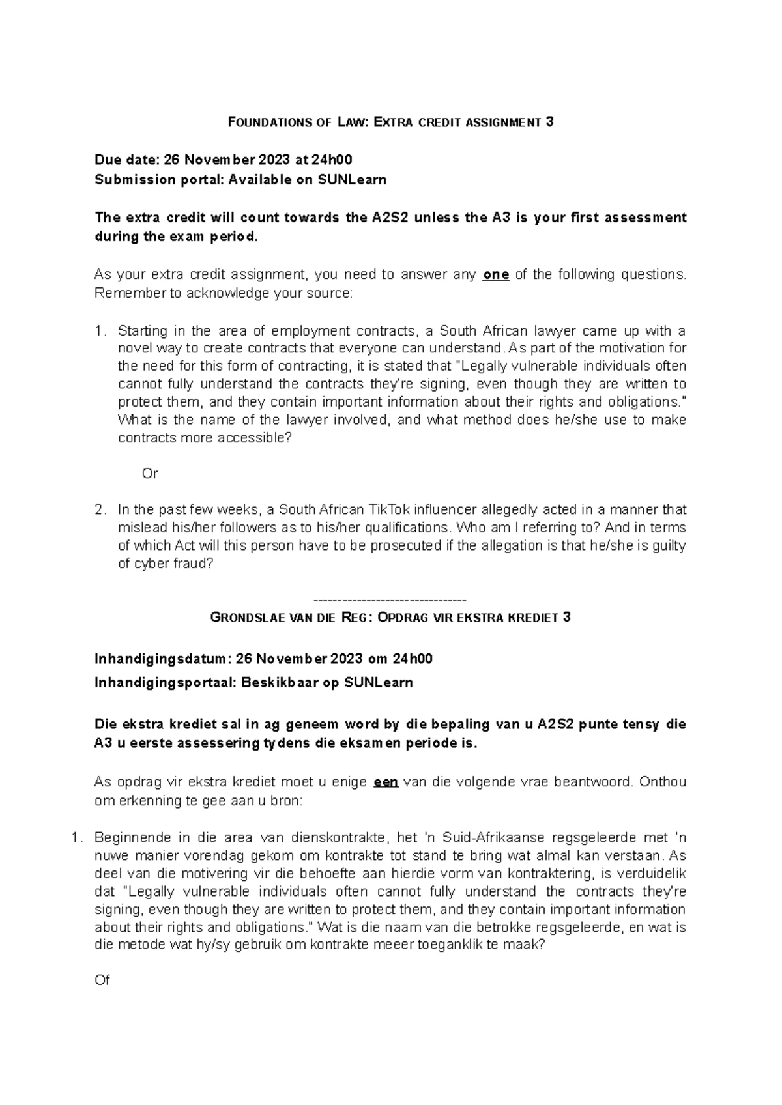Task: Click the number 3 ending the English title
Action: [550, 122]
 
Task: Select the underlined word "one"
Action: [496, 274]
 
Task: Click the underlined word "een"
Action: [385, 782]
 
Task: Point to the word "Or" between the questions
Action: [150, 474]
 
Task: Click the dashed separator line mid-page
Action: [390, 599]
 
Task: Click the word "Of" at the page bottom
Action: [102, 980]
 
